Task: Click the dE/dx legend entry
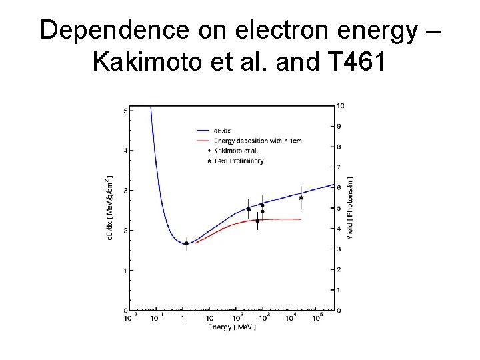223,131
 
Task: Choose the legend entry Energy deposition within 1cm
248,141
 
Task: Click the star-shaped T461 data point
301,197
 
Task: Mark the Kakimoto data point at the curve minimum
186,243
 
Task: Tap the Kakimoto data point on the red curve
257,221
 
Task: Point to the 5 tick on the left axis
125,111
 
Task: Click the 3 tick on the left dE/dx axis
125,191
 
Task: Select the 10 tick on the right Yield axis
341,105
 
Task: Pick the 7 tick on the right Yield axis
339,167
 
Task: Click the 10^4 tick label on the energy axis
291,319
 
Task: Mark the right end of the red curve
301,219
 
